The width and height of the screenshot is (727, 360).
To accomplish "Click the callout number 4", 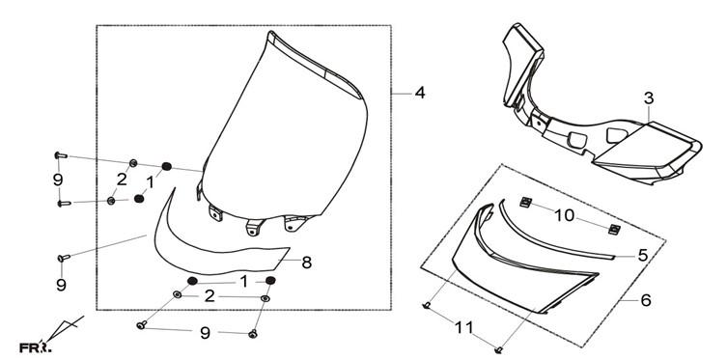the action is (419, 93).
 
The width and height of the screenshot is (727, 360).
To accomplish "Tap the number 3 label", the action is (649, 98).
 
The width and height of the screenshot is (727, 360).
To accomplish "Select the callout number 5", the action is (643, 255).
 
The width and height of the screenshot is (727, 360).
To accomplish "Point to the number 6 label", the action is (646, 300).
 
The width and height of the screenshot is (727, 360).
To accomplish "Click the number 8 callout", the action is (306, 263).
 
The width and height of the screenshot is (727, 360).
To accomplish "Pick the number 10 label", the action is (565, 215).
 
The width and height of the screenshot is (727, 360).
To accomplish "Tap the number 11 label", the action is (464, 328).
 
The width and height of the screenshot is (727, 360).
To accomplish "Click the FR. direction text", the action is (35, 347).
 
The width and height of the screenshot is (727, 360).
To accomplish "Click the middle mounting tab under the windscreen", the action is (255, 227).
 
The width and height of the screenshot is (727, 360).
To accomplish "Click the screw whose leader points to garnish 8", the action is (64, 257).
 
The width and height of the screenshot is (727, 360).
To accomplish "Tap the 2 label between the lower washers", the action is (210, 296).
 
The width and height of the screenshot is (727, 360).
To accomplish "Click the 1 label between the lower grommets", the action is (244, 281).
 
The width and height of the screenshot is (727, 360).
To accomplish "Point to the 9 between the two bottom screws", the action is (205, 333).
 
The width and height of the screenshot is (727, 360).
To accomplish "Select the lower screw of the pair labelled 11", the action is (499, 350).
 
